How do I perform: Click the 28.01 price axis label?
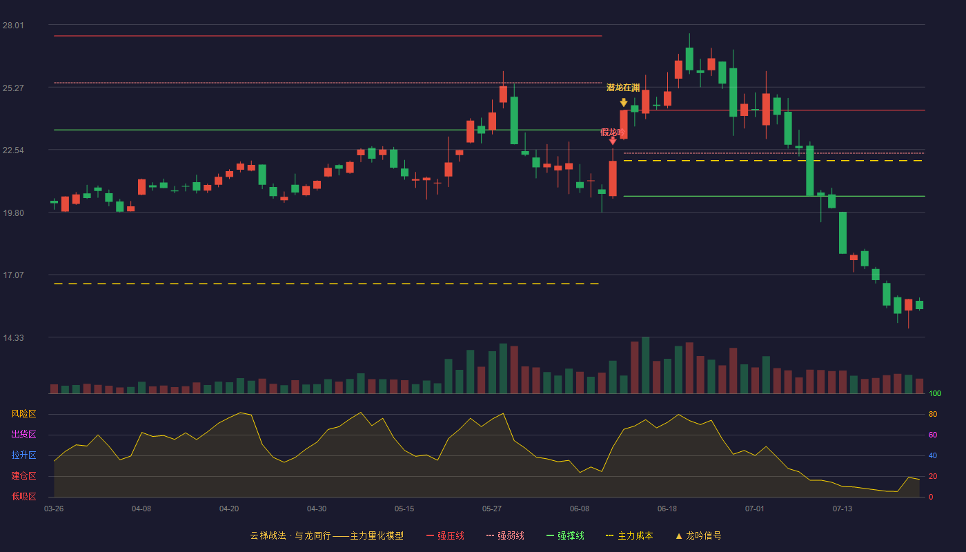(x=13, y=26)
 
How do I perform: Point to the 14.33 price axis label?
(x=13, y=337)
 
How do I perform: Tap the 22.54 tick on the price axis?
(x=13, y=150)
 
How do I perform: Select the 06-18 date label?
(x=667, y=509)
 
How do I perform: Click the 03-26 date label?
(x=54, y=509)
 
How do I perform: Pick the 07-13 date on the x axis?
(x=842, y=509)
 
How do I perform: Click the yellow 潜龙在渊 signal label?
(x=623, y=88)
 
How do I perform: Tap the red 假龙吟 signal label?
(x=613, y=132)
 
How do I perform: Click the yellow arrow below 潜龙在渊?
(x=624, y=103)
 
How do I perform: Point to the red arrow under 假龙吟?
(x=613, y=141)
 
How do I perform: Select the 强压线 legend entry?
(x=446, y=535)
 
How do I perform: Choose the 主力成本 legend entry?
(x=629, y=535)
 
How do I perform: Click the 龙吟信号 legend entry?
(x=698, y=535)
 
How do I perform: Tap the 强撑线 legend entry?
(x=565, y=535)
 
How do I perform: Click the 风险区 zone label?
(x=23, y=414)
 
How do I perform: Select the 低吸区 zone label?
(x=23, y=497)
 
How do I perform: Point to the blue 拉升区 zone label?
(x=23, y=455)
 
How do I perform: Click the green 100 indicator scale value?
(x=935, y=393)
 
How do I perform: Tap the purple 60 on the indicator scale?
(x=933, y=435)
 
